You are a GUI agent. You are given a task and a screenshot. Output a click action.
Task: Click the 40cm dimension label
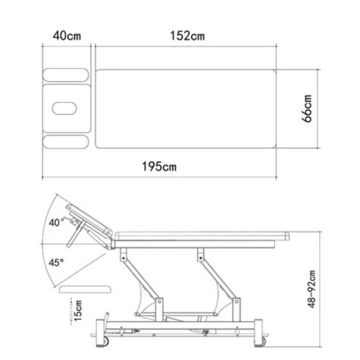pos(67,36)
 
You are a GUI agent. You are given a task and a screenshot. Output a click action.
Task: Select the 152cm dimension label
pos(187,36)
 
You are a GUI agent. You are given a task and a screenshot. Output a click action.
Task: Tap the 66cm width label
pos(307,108)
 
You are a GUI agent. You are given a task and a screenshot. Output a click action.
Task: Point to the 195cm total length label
pos(159,166)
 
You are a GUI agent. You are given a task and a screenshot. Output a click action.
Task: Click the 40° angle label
pos(56,223)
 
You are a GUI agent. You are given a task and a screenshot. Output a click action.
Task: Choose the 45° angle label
pos(56,262)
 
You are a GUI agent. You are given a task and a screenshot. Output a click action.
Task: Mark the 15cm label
pos(78,310)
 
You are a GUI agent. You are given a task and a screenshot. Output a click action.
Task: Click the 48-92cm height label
pos(311,289)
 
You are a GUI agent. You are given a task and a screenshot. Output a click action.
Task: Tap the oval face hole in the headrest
pos(64,108)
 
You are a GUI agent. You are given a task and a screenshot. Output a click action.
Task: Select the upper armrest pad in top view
pos(66,75)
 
